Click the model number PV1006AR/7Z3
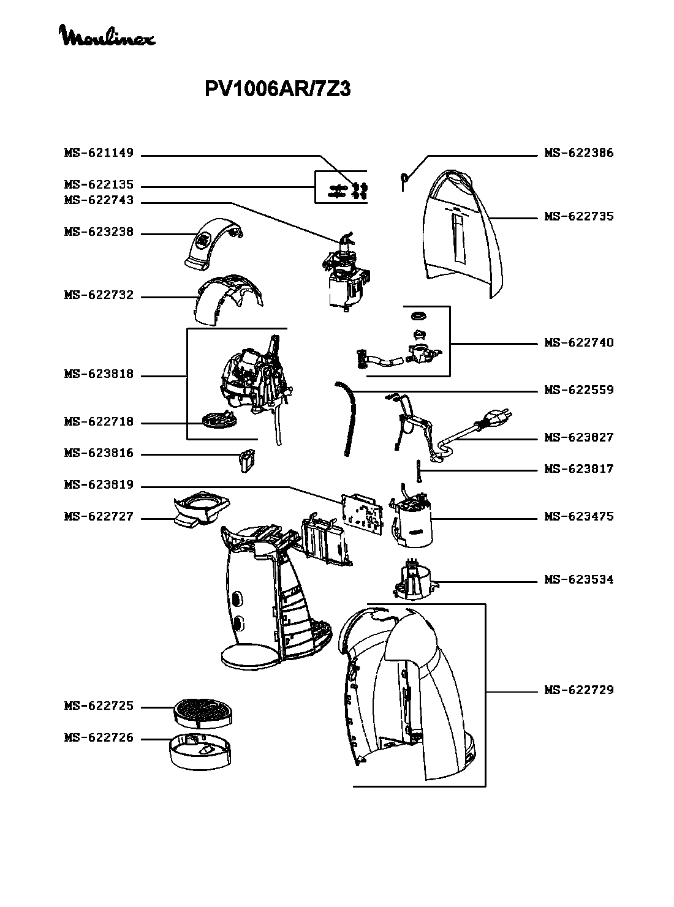click(x=277, y=90)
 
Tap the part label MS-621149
click(x=99, y=153)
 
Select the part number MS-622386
click(x=579, y=153)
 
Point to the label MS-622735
click(x=579, y=217)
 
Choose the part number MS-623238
click(x=99, y=233)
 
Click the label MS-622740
click(x=579, y=343)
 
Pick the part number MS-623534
click(x=579, y=580)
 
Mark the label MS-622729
click(x=579, y=690)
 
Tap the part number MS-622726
click(x=99, y=739)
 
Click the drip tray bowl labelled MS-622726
click(x=200, y=750)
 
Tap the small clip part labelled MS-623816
click(x=246, y=460)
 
